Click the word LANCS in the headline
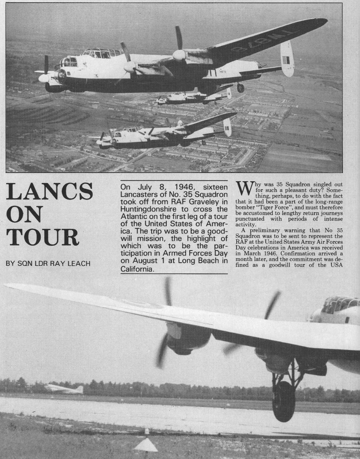pyautogui.click(x=49, y=192)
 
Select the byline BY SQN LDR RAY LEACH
pyautogui.click(x=48, y=263)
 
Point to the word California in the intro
pyautogui.click(x=137, y=269)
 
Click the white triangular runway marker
pyautogui.click(x=146, y=445)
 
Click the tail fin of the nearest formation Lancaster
pyautogui.click(x=228, y=127)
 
